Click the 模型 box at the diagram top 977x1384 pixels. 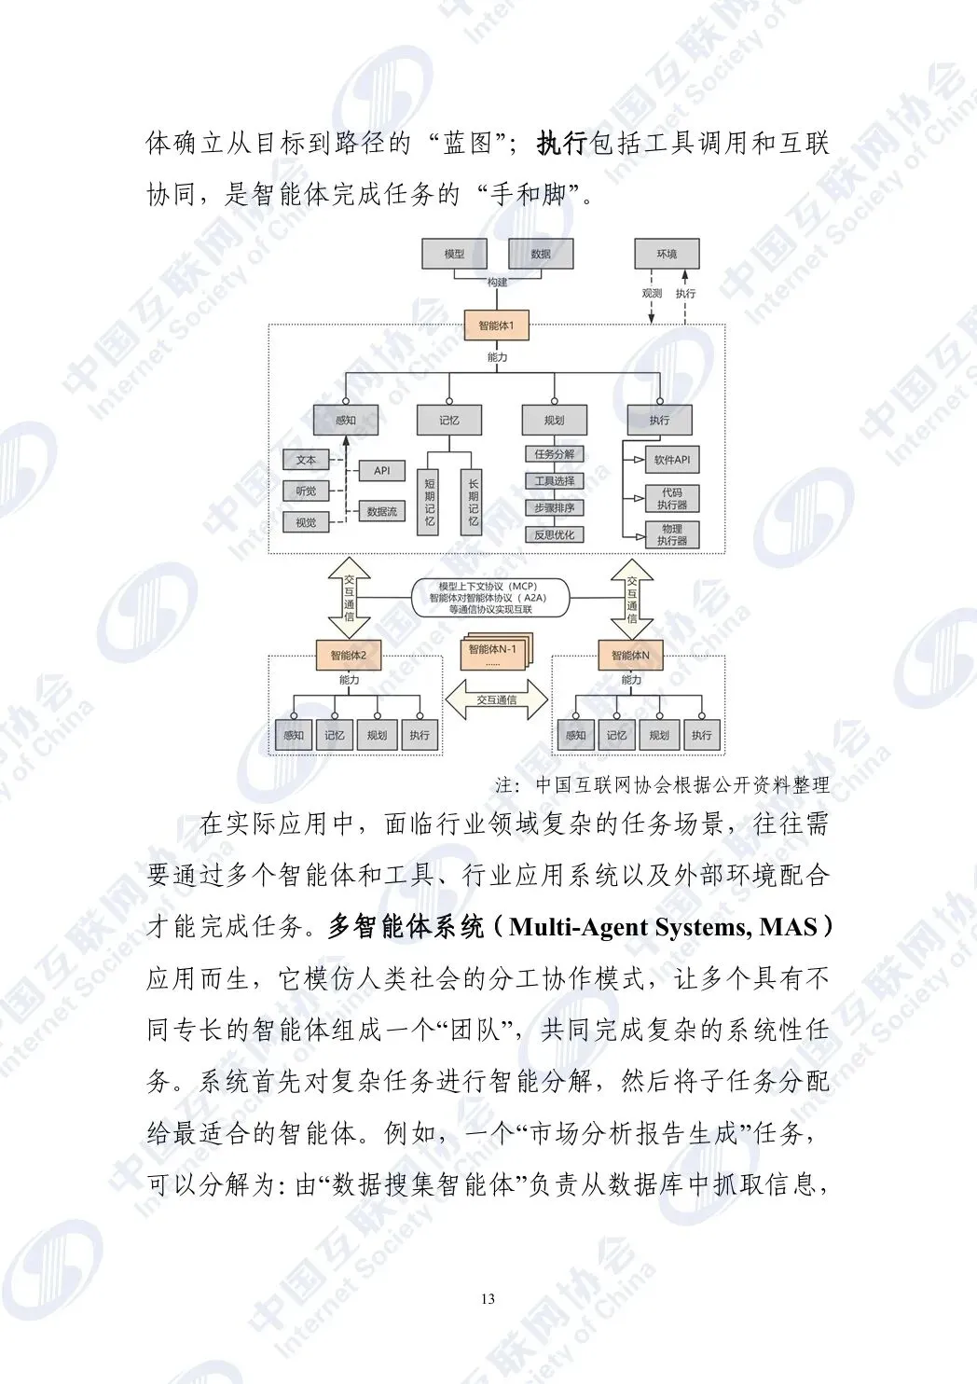click(x=454, y=254)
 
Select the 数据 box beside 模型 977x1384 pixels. click(x=540, y=254)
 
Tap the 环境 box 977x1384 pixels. click(x=666, y=254)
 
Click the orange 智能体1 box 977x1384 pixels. click(x=496, y=325)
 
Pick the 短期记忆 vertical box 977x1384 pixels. click(x=429, y=502)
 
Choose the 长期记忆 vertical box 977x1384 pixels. click(x=473, y=502)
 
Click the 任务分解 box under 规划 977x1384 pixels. click(x=554, y=454)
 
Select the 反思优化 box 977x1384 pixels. click(x=554, y=534)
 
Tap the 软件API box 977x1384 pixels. click(x=671, y=460)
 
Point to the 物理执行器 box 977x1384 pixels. click(x=671, y=534)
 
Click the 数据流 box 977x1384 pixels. click(x=381, y=511)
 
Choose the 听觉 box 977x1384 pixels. click(x=306, y=491)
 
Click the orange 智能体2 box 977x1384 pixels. click(x=349, y=656)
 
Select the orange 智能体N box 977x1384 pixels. click(x=630, y=656)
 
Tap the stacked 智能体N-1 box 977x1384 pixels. click(x=493, y=652)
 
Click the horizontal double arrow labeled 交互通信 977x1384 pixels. click(x=496, y=699)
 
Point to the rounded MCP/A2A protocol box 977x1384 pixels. click(x=490, y=598)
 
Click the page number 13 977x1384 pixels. click(x=488, y=1299)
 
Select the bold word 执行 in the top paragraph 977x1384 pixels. click(x=562, y=143)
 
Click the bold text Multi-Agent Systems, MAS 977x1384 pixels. click(x=663, y=927)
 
